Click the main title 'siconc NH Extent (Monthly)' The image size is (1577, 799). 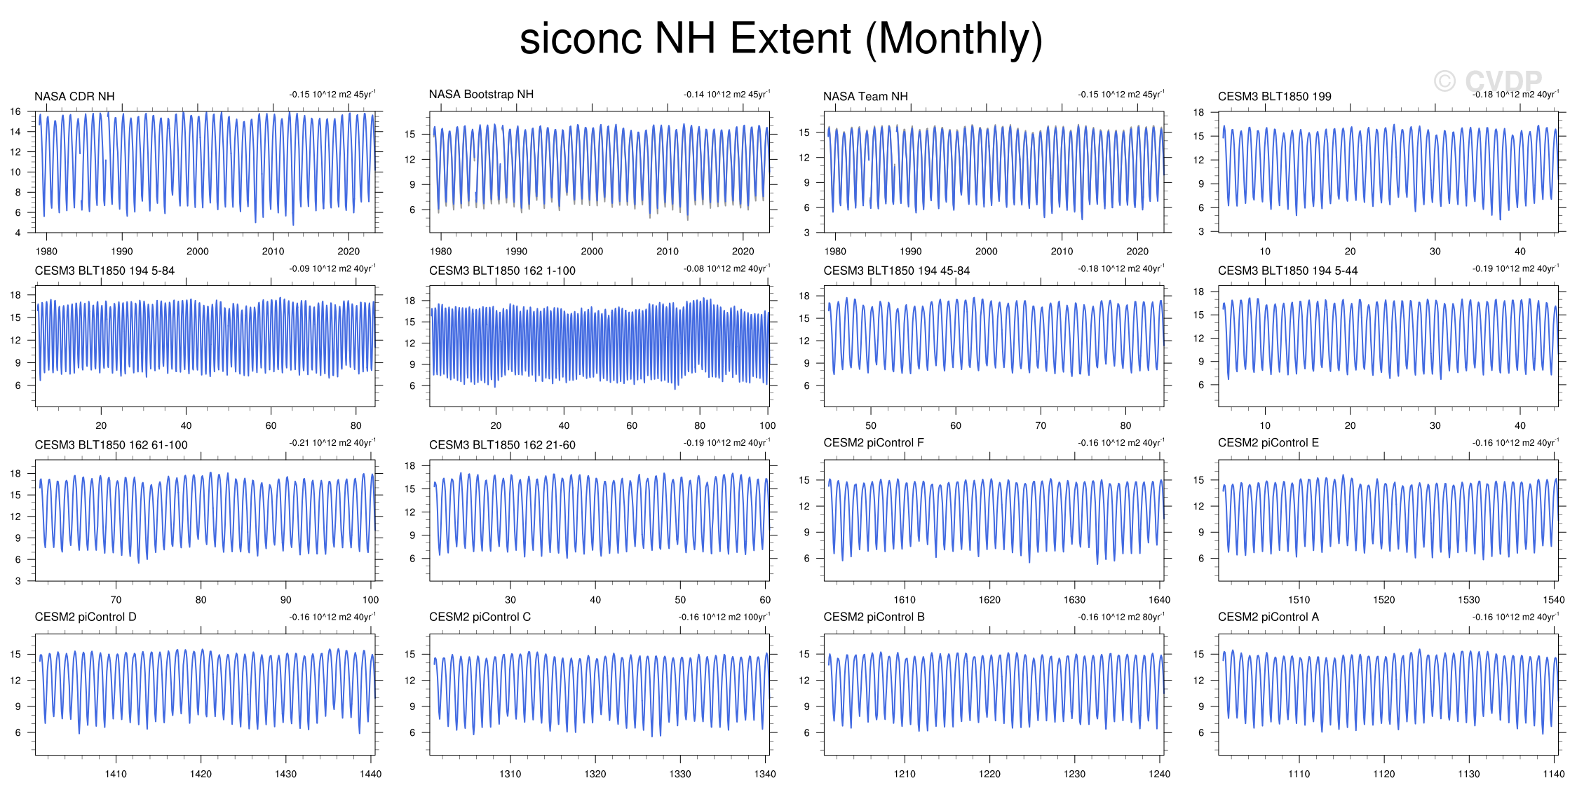point(780,39)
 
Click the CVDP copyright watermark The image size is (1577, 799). point(1487,81)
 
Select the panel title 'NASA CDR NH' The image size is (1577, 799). point(74,97)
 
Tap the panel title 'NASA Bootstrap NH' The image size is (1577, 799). point(481,95)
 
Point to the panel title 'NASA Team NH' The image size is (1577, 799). point(865,97)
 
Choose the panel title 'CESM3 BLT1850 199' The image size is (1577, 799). point(1274,97)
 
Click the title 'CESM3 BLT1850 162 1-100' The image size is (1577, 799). point(502,271)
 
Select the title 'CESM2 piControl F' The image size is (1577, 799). point(873,443)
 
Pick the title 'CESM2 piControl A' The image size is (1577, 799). point(1268,617)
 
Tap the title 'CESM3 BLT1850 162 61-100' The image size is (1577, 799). point(111,445)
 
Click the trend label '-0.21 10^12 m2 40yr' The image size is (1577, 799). point(332,443)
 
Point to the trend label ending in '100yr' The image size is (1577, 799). point(724,617)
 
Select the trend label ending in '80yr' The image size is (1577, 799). point(1121,617)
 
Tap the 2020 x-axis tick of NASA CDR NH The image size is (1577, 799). point(348,252)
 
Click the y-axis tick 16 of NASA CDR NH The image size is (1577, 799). point(15,111)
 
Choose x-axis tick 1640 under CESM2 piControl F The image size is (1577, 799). point(1159,600)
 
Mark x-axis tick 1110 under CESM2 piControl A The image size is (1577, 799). point(1299,774)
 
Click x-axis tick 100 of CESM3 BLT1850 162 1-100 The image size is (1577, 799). point(767,426)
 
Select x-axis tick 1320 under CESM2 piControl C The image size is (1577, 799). point(595,774)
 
